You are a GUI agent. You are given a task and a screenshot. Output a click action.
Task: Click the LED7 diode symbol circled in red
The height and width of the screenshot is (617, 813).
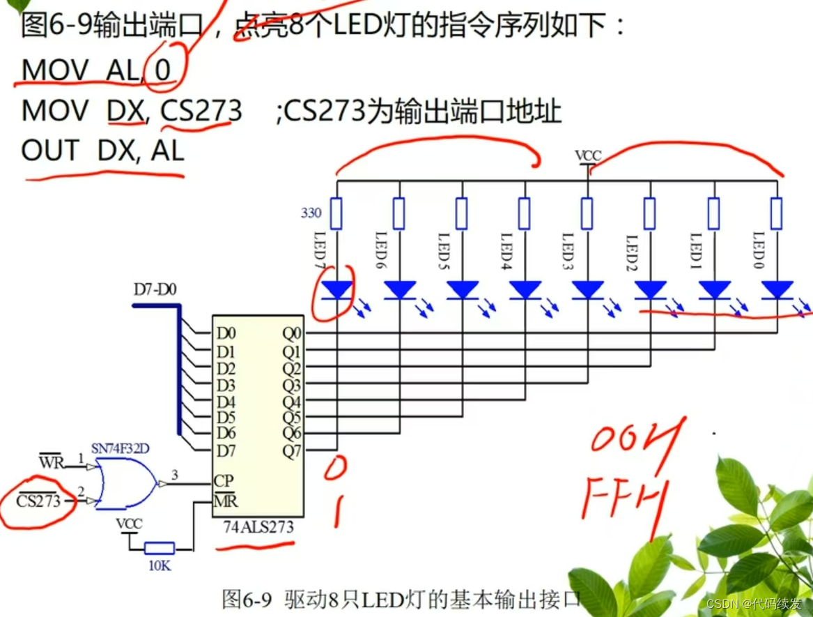tap(338, 290)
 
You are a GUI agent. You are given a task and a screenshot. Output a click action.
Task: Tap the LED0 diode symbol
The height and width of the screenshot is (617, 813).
tap(777, 290)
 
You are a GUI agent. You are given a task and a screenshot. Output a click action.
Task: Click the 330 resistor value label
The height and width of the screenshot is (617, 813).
tap(311, 212)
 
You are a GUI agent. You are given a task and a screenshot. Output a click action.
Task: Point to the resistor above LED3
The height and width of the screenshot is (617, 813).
tap(587, 213)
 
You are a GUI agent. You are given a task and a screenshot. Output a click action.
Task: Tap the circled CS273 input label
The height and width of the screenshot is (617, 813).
tap(38, 501)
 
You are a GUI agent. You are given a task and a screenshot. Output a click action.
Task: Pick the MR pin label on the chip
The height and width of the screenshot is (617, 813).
tap(225, 500)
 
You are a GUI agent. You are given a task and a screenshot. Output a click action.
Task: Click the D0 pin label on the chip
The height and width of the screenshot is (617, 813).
tap(226, 333)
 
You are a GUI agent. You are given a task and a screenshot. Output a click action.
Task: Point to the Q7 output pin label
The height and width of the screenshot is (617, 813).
tap(292, 450)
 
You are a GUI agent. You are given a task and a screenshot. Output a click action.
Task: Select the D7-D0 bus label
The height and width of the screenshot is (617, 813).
tap(155, 288)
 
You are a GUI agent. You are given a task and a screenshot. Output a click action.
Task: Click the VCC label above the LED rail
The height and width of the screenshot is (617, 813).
tap(588, 155)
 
